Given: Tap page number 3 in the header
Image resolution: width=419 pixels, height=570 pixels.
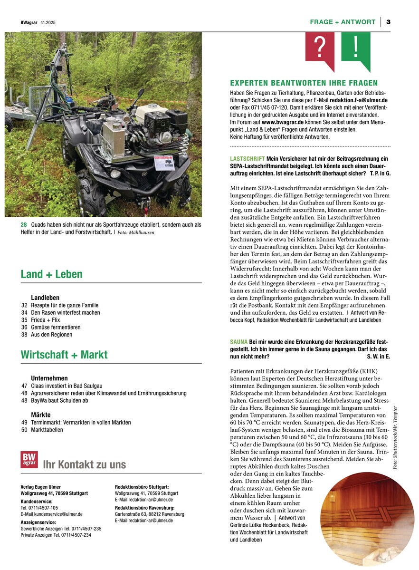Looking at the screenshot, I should tap(388, 22).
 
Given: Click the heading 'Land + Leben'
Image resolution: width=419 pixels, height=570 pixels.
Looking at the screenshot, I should tap(51, 274).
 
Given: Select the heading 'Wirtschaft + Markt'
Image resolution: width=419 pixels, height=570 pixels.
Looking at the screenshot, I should tap(64, 355).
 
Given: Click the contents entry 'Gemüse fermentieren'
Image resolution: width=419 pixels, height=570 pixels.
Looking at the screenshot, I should tap(56, 327).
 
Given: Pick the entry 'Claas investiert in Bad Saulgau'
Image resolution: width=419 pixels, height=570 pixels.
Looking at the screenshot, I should tap(67, 386).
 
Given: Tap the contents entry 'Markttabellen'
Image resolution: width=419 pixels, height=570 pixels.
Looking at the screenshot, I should tap(47, 430).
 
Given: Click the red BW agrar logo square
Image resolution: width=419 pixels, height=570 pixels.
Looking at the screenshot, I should tap(29, 459).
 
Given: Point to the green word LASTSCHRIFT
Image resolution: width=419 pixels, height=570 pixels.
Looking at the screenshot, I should tap(247, 158).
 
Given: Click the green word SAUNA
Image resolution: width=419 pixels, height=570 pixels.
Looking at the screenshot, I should tap(238, 342).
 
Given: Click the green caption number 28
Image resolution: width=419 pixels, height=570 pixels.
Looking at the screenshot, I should tap(23, 224).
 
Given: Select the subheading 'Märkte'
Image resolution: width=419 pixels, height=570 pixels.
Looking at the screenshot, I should tap(40, 415).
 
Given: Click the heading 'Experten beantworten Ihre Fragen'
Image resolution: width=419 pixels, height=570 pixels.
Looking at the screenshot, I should tap(304, 83).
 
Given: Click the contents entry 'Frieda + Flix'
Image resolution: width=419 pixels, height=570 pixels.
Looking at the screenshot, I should tap(46, 320).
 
